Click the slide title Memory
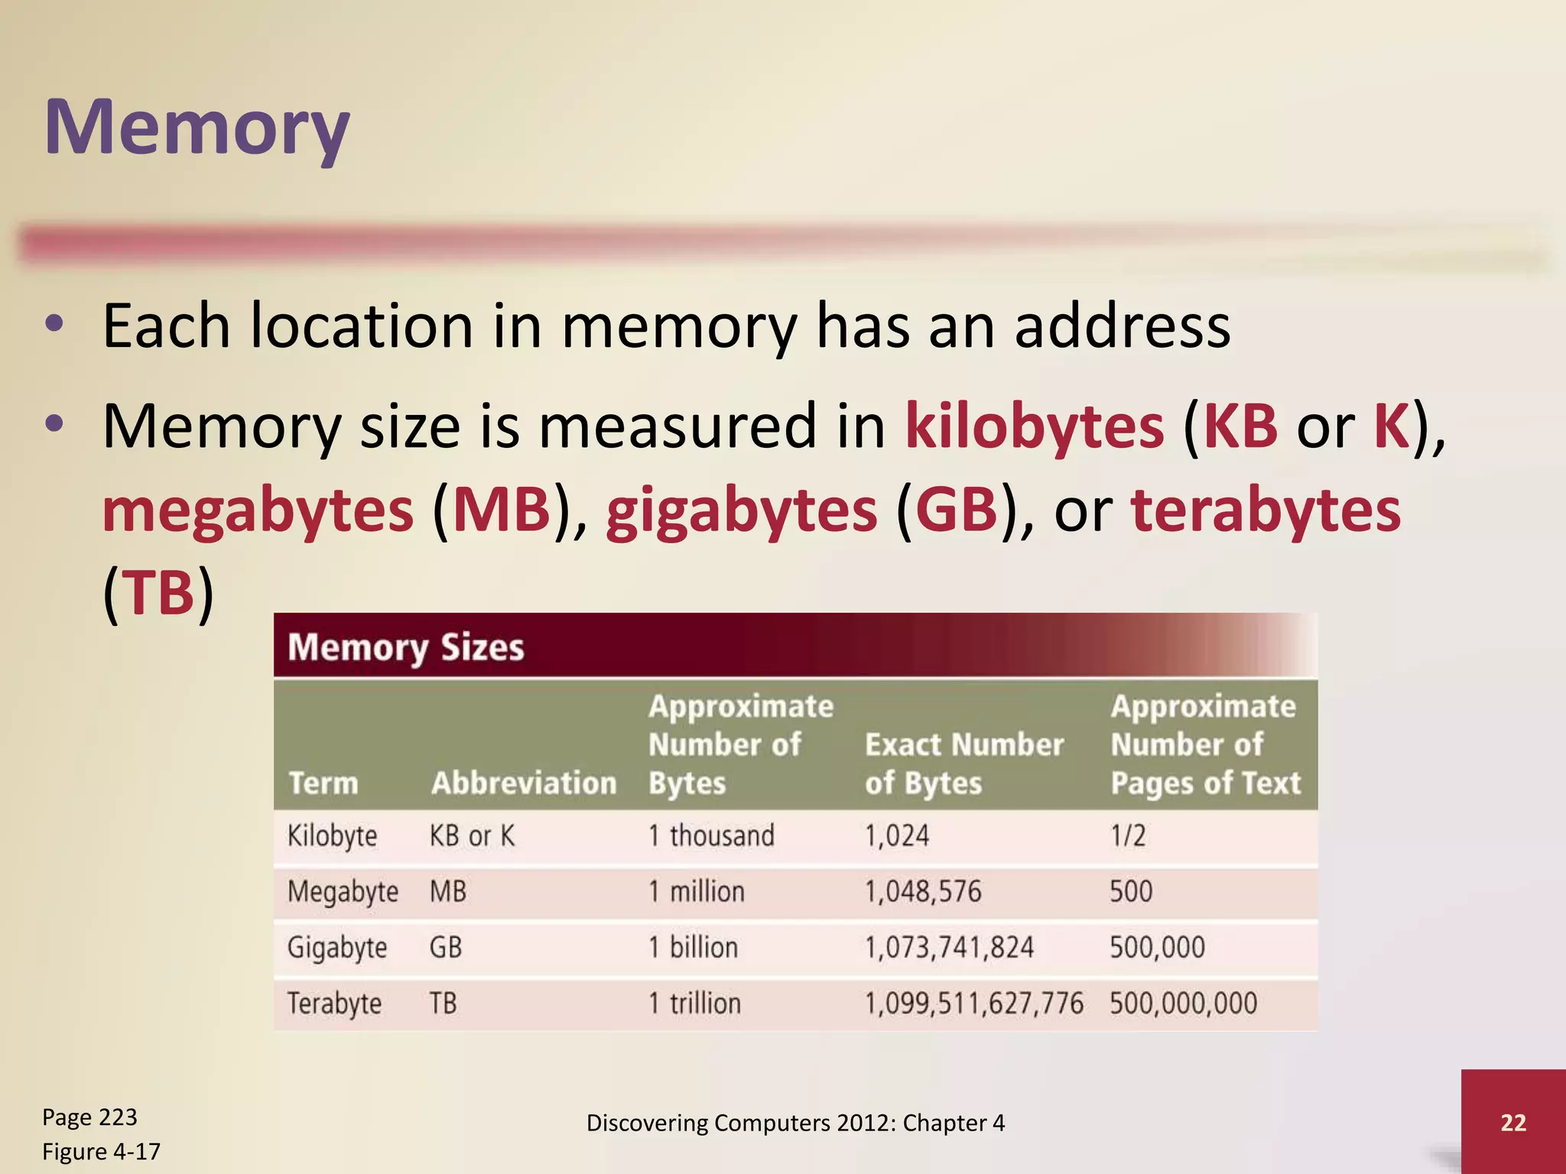point(197,127)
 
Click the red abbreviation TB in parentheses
point(159,592)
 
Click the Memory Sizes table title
point(405,647)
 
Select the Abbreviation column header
point(523,783)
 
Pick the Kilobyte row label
point(332,835)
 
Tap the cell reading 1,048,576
point(922,891)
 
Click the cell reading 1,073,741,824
point(948,947)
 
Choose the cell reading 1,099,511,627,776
point(973,1003)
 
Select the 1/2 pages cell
point(1127,835)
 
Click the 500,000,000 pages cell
point(1183,1003)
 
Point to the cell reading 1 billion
point(693,947)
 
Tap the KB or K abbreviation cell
point(472,835)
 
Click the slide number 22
point(1512,1122)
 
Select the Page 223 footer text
point(89,1117)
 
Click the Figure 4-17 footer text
point(101,1151)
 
